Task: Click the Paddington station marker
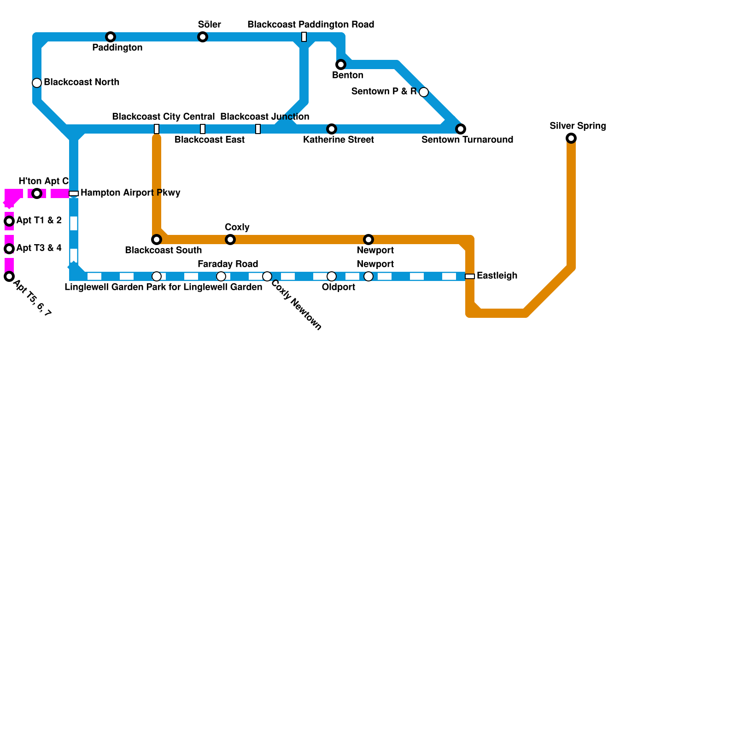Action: [x=111, y=37]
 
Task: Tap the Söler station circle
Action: [x=203, y=37]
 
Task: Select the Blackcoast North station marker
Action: [x=37, y=83]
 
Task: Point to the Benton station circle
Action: [x=341, y=64]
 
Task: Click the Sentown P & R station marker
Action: [x=424, y=92]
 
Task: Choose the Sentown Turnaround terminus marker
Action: [x=461, y=129]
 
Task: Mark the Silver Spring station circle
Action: [x=571, y=138]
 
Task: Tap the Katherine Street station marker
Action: [x=332, y=129]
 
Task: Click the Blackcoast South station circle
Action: [x=157, y=240]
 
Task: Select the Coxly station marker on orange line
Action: [x=230, y=240]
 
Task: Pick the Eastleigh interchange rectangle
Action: [x=470, y=276]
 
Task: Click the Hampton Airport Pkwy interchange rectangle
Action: [x=74, y=193]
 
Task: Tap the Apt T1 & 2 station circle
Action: [x=9, y=221]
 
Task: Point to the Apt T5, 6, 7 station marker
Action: [x=9, y=276]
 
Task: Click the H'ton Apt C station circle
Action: [x=37, y=193]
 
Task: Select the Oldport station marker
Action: [x=332, y=276]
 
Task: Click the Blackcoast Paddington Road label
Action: [x=311, y=24]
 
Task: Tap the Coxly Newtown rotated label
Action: [x=296, y=305]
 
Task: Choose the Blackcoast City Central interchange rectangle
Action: [x=157, y=129]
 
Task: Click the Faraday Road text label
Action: [x=228, y=264]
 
